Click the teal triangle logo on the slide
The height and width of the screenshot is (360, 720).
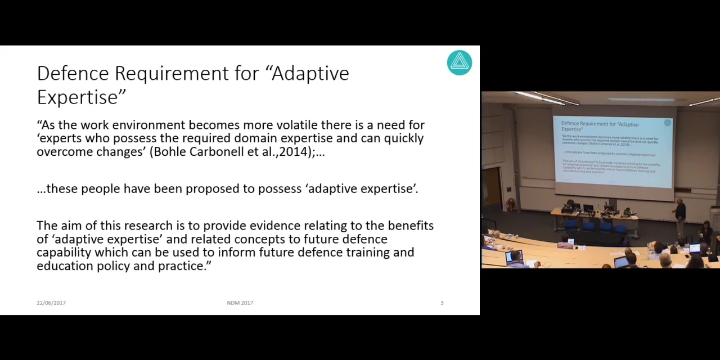pyautogui.click(x=460, y=62)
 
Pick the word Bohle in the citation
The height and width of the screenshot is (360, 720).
pyautogui.click(x=170, y=152)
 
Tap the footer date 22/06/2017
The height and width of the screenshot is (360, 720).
pyautogui.click(x=51, y=303)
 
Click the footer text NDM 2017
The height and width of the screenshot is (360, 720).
pyautogui.click(x=240, y=303)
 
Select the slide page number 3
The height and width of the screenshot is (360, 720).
pyautogui.click(x=442, y=303)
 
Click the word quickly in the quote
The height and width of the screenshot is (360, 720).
pyautogui.click(x=403, y=138)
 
